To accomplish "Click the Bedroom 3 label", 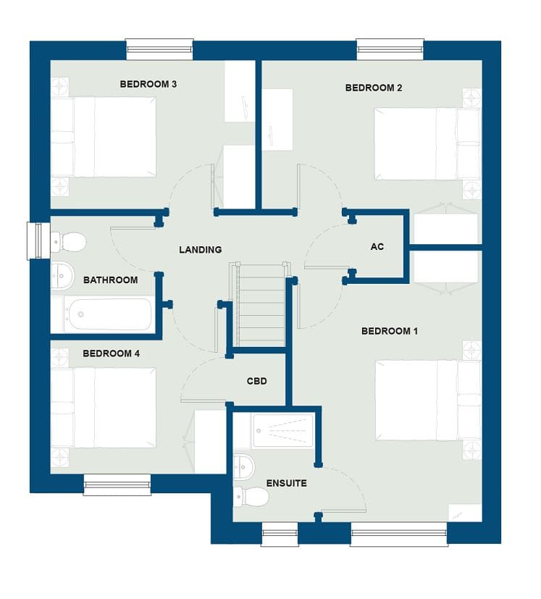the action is click(148, 84).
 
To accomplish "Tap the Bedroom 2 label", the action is click(374, 88).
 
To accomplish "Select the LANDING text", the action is click(201, 250).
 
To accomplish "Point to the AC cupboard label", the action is click(377, 247).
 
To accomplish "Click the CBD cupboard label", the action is click(257, 381).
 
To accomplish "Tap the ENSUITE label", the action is click(287, 483).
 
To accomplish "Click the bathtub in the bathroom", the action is click(108, 314).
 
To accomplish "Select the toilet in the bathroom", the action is click(69, 242).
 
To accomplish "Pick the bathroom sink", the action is click(62, 275).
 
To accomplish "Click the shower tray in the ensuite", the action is click(282, 431).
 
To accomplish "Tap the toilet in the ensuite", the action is click(251, 497).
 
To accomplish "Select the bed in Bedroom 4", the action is click(104, 408).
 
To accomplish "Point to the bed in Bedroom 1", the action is click(428, 401).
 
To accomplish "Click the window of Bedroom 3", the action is click(160, 49).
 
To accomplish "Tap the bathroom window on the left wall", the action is click(38, 240).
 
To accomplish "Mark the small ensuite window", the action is click(280, 534).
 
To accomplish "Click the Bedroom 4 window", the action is click(117, 485).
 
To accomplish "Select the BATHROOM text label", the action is click(110, 280).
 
